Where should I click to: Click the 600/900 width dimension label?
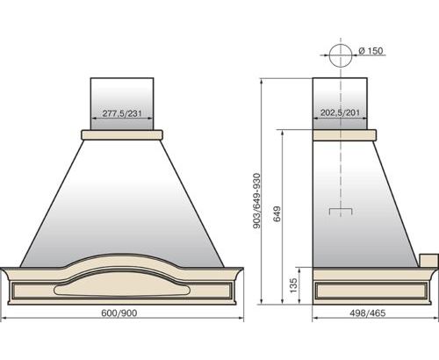pos(119,313)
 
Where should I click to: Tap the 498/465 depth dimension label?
pos(368,313)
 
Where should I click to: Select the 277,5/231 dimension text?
pos(122,113)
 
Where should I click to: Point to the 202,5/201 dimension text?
pos(340,112)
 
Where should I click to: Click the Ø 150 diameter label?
pos(371,51)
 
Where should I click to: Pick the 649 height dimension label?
pos(277,214)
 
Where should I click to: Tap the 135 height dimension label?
pos(293,285)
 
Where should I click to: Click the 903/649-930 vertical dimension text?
pos(256,201)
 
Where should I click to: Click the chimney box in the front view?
pos(122,104)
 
